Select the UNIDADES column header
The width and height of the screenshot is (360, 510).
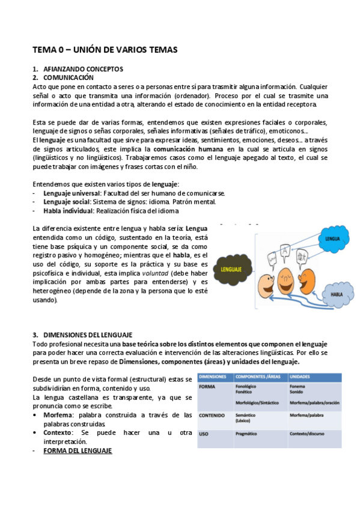pyautogui.click(x=301, y=376)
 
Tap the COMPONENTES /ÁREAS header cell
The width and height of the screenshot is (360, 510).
pyautogui.click(x=258, y=376)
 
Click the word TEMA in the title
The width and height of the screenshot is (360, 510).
pyautogui.click(x=44, y=50)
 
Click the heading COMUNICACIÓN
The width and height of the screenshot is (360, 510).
pyautogui.click(x=69, y=78)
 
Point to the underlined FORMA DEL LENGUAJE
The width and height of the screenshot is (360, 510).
pyautogui.click(x=78, y=450)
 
